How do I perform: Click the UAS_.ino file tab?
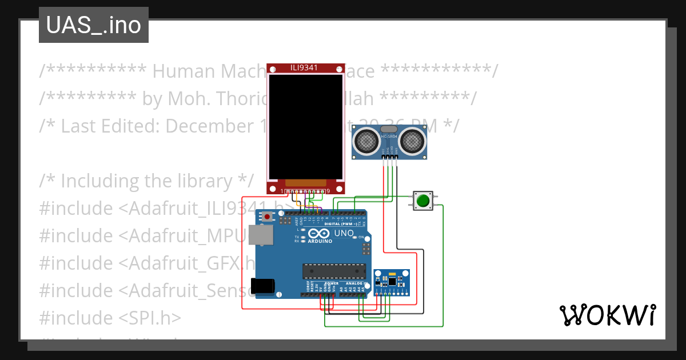coord(93,25)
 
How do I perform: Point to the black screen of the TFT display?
coord(306,125)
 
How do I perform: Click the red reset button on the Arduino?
coord(267,217)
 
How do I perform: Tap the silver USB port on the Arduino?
coord(261,235)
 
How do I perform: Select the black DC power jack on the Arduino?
coord(262,286)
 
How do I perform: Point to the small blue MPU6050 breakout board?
coord(391,282)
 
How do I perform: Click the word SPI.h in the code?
coord(155,318)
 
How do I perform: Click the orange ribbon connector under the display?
coord(306,182)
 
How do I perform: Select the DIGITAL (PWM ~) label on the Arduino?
coord(341,224)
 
